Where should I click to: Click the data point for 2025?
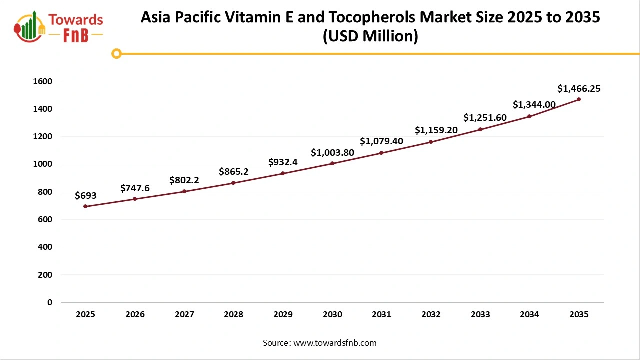coord(85,206)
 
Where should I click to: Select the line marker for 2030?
coord(332,163)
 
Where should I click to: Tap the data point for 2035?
coord(579,99)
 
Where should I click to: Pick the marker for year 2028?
coord(233,183)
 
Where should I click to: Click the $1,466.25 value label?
coord(579,89)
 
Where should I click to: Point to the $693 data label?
coord(85,196)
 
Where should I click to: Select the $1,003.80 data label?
coord(332,153)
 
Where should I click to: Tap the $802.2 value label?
coord(184,180)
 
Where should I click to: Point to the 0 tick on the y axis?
coord(50,302)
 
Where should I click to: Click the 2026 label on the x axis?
coord(135,315)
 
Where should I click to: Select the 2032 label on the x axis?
coord(431,315)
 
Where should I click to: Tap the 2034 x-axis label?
coord(529,315)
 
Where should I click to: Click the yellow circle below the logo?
coord(116,54)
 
